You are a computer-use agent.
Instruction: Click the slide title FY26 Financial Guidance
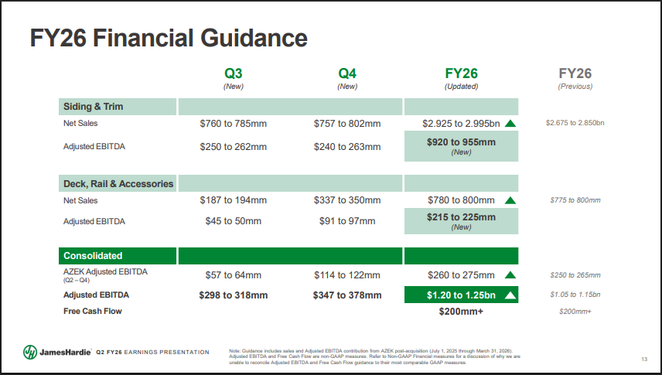[x=168, y=37]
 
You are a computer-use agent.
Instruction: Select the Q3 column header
[x=234, y=74]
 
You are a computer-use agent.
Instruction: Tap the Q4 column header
[x=347, y=74]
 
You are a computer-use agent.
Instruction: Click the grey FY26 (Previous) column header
[x=575, y=74]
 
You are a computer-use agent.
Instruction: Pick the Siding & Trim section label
[x=94, y=107]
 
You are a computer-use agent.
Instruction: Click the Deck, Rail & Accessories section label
[x=118, y=183]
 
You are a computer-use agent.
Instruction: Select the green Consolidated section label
[x=93, y=255]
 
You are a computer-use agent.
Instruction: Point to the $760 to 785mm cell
[x=234, y=123]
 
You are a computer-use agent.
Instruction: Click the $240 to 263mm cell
[x=347, y=146]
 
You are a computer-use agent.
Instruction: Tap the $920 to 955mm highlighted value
[x=461, y=142]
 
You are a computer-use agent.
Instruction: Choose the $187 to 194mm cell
[x=234, y=200]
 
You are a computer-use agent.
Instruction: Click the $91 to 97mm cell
[x=347, y=221]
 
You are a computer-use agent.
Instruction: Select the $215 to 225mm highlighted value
[x=461, y=217]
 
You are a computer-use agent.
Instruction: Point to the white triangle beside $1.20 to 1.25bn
[x=510, y=295]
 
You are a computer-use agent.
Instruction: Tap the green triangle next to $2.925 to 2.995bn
[x=510, y=123]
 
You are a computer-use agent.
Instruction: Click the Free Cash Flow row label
[x=93, y=311]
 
